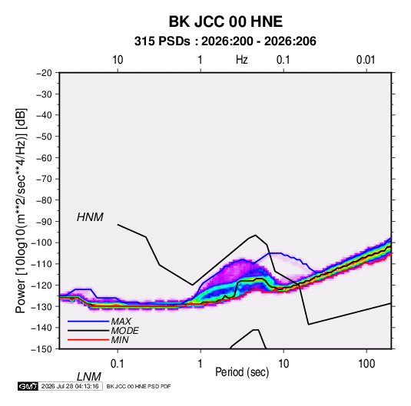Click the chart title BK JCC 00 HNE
(225, 21)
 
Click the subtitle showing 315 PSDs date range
(225, 41)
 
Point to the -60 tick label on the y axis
(44, 157)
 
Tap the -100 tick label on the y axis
(41, 243)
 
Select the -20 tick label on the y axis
(44, 73)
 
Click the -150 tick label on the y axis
(41, 349)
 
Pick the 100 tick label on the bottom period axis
(366, 364)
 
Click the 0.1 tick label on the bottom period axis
(118, 364)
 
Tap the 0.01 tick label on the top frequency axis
(366, 60)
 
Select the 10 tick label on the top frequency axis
(118, 60)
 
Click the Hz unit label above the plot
(242, 60)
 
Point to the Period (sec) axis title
(242, 372)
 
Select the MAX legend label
(121, 322)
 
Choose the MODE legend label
(124, 331)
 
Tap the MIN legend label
(120, 340)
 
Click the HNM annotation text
(90, 217)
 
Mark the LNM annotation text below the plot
(88, 377)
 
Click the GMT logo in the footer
(28, 386)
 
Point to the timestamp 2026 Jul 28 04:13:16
(70, 386)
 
